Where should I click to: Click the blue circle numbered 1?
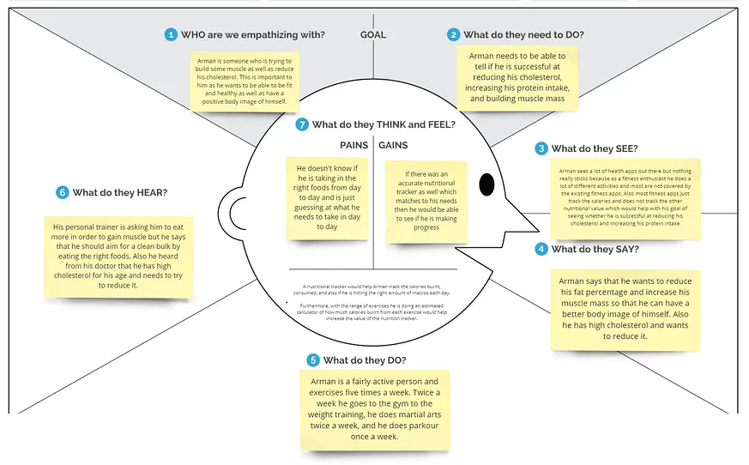[x=172, y=35]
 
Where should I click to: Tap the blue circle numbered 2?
[x=453, y=35]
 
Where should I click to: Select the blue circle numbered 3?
[x=541, y=148]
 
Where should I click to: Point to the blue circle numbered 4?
[x=541, y=250]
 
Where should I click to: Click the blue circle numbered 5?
[x=313, y=359]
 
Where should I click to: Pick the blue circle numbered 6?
[x=62, y=193]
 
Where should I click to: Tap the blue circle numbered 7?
[x=301, y=124]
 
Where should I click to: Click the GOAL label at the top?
[x=372, y=35]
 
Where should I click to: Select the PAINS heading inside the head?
[x=354, y=146]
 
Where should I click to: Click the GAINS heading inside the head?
[x=394, y=146]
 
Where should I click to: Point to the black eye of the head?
[x=486, y=184]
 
